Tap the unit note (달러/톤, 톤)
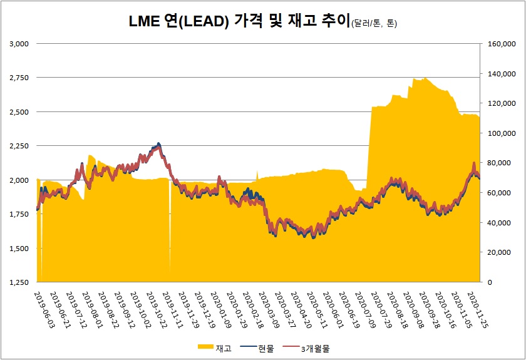(374, 24)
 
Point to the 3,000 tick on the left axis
(20, 44)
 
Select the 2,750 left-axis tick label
(20, 78)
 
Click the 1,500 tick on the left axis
(20, 249)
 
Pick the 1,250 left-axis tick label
(20, 282)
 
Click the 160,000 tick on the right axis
(500, 44)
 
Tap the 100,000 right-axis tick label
(500, 133)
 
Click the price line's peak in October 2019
(158, 145)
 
